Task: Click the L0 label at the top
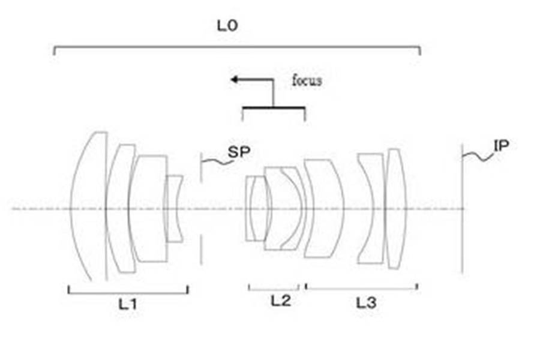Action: pos(227,25)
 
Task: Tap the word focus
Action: pos(307,80)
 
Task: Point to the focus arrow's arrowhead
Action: pos(234,80)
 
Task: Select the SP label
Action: pos(239,152)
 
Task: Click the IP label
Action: pos(501,146)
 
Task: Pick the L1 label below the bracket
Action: pos(128,304)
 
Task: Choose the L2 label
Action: pos(281,301)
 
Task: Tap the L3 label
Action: pos(366,303)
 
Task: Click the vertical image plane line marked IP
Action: pos(463,209)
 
